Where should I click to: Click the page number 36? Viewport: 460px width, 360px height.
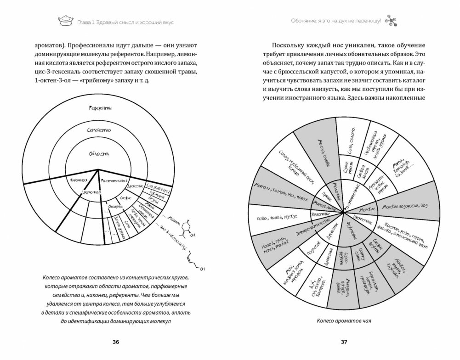click(x=115, y=342)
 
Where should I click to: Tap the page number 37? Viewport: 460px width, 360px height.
click(x=344, y=342)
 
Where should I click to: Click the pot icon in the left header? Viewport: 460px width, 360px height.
click(x=65, y=21)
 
